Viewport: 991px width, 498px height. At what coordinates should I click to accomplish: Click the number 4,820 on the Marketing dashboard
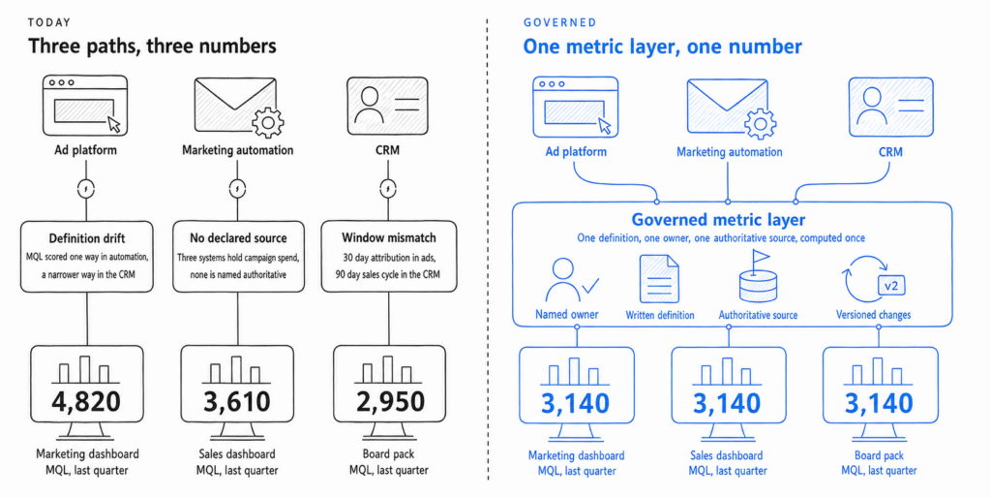pos(86,401)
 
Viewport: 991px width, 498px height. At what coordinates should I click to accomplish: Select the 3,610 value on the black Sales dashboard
pos(237,401)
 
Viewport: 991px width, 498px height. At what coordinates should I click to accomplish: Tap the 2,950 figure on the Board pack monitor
pos(389,401)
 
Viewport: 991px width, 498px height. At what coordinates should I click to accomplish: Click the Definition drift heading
pos(86,238)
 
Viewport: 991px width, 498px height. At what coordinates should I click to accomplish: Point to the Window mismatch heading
pos(389,238)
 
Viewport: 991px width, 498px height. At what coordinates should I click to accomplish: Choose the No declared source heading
pos(238,238)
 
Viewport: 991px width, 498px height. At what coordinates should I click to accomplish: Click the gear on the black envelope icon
pos(268,123)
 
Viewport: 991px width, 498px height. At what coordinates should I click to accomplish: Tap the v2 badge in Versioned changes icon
pos(891,286)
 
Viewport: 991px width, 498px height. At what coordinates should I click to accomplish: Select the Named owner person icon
pos(571,280)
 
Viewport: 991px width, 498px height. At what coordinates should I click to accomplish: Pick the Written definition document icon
pos(659,278)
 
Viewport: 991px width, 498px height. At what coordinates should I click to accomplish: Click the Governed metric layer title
pos(718,220)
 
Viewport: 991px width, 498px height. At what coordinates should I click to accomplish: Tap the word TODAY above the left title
pos(49,23)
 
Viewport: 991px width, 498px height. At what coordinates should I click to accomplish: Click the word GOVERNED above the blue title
pos(560,23)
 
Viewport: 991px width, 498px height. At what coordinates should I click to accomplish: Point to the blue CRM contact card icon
pos(890,107)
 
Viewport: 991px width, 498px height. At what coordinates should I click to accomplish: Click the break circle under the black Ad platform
pos(86,189)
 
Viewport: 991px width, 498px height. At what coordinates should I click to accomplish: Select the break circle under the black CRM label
pos(388,189)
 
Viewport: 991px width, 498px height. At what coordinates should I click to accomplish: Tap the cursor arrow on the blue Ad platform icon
pos(605,126)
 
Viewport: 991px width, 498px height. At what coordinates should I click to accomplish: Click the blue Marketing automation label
pos(730,152)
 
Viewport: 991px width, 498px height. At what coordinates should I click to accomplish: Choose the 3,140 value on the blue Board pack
pos(879,404)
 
